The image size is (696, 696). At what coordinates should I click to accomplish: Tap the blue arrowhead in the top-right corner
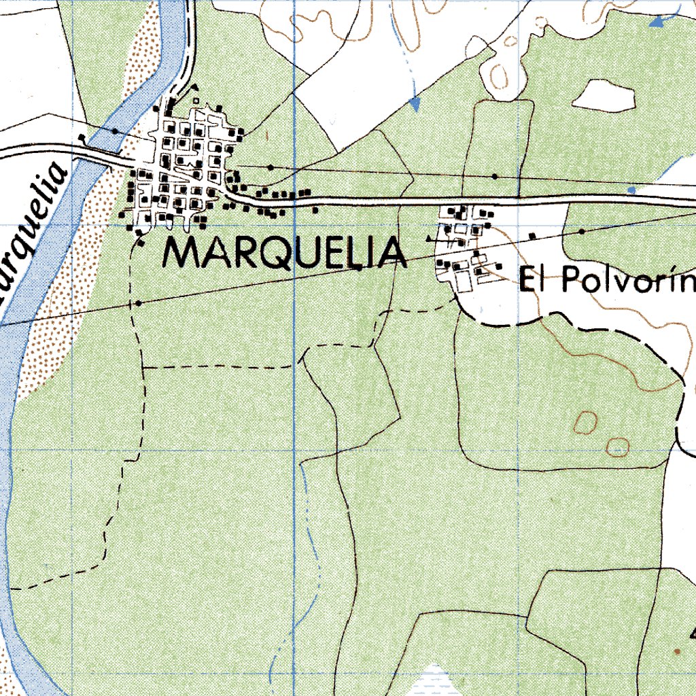click(x=657, y=22)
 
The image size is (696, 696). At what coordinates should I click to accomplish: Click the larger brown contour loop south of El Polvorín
click(x=585, y=423)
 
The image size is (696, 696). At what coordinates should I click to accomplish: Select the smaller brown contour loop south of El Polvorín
click(x=618, y=447)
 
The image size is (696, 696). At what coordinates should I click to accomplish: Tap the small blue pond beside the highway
click(x=631, y=190)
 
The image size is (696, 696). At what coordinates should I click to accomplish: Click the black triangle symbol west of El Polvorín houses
click(x=428, y=239)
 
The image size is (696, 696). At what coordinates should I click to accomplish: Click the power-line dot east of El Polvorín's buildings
click(x=582, y=232)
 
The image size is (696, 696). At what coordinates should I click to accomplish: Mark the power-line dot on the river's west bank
click(x=115, y=130)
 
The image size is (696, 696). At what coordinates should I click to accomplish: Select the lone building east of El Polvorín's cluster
click(x=533, y=236)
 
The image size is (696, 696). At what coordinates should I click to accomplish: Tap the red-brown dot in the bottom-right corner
click(x=676, y=651)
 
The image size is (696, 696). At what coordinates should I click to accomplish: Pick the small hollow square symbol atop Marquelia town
click(x=196, y=101)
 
